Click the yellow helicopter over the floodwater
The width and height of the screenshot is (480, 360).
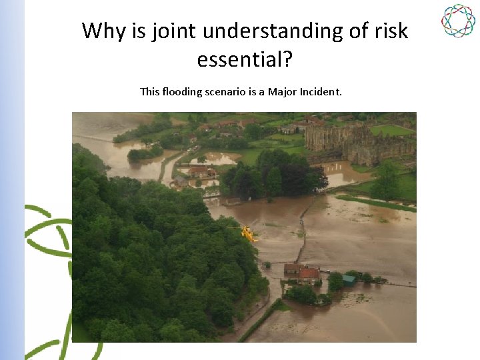pos(248,233)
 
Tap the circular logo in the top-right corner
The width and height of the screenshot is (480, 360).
pos(458,21)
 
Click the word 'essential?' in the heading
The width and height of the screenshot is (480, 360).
pos(245,60)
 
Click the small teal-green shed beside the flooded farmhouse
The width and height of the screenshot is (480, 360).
pos(349,281)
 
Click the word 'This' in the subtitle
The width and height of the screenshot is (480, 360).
pos(150,91)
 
